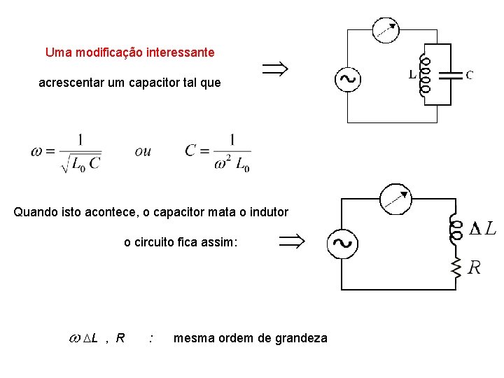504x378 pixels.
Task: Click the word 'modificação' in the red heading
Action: [x=105, y=52]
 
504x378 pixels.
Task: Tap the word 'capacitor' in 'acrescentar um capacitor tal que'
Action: [x=154, y=83]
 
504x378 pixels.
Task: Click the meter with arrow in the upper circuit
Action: [x=385, y=29]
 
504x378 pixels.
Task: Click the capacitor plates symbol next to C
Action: [x=454, y=74]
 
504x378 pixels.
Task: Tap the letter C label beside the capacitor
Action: [x=469, y=74]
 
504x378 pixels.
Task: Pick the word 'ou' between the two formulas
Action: [x=143, y=150]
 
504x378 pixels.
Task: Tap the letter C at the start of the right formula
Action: [x=190, y=150]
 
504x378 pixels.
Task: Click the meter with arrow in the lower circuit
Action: [x=395, y=198]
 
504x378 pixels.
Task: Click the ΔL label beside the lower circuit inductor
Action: [x=483, y=228]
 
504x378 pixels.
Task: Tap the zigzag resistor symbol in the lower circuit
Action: [x=456, y=265]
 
